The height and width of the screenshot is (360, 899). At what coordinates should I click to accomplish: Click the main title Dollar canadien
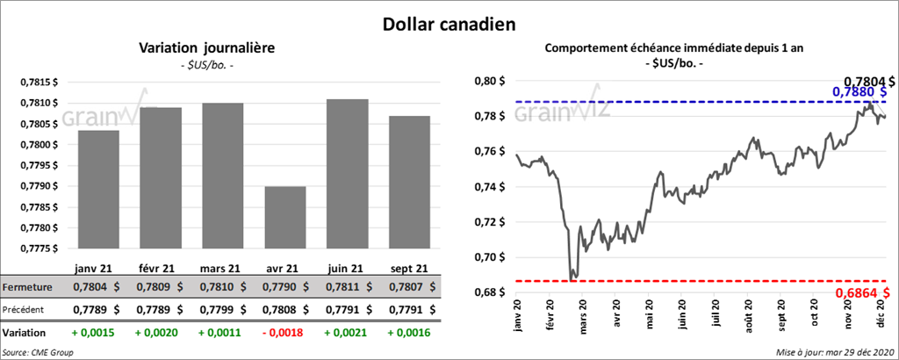coord(448,23)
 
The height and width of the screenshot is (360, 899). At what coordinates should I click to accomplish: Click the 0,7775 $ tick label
coord(40,248)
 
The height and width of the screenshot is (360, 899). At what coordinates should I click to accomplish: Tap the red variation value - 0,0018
coord(283,334)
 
